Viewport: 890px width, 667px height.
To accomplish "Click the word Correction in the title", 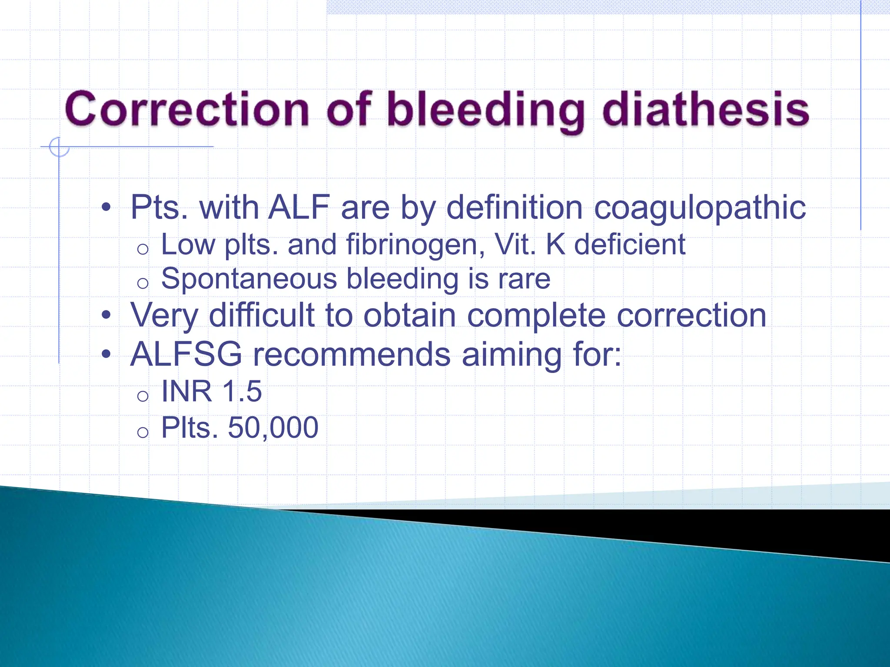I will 187,109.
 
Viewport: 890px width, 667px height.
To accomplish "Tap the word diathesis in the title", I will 705,109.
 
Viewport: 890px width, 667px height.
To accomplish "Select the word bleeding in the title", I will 485,111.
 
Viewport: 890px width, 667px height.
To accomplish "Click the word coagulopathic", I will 700,208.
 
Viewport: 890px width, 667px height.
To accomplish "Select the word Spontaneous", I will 249,278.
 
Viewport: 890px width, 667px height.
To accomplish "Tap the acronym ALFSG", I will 186,354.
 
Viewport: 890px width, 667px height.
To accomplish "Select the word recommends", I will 352,354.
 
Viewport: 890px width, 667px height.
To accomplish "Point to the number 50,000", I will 273,427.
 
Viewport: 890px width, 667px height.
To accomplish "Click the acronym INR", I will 187,391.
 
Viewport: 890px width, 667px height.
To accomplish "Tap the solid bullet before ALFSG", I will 106,354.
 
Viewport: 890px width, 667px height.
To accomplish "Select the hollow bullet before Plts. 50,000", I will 143,432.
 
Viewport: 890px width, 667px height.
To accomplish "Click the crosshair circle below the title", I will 59,147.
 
